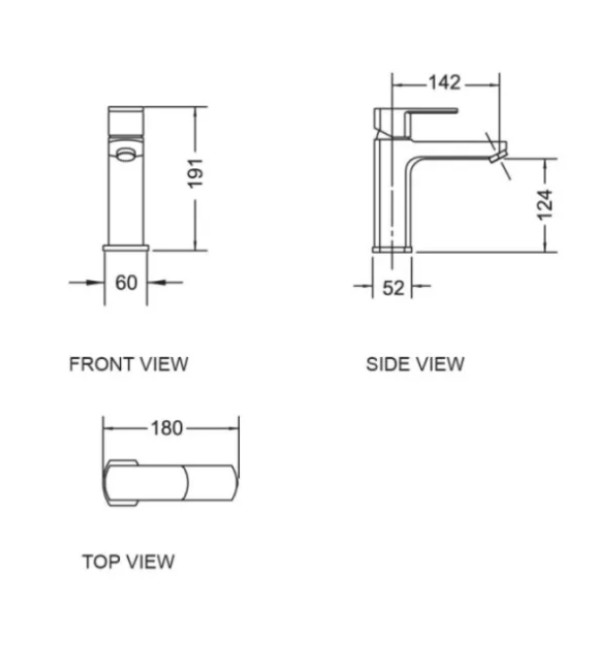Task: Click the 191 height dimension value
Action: point(195,173)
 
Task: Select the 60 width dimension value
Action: point(126,283)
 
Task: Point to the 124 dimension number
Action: point(547,205)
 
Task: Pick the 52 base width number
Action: point(393,288)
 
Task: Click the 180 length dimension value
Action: point(167,428)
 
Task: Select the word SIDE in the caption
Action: point(387,365)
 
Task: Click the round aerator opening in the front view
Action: point(124,152)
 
